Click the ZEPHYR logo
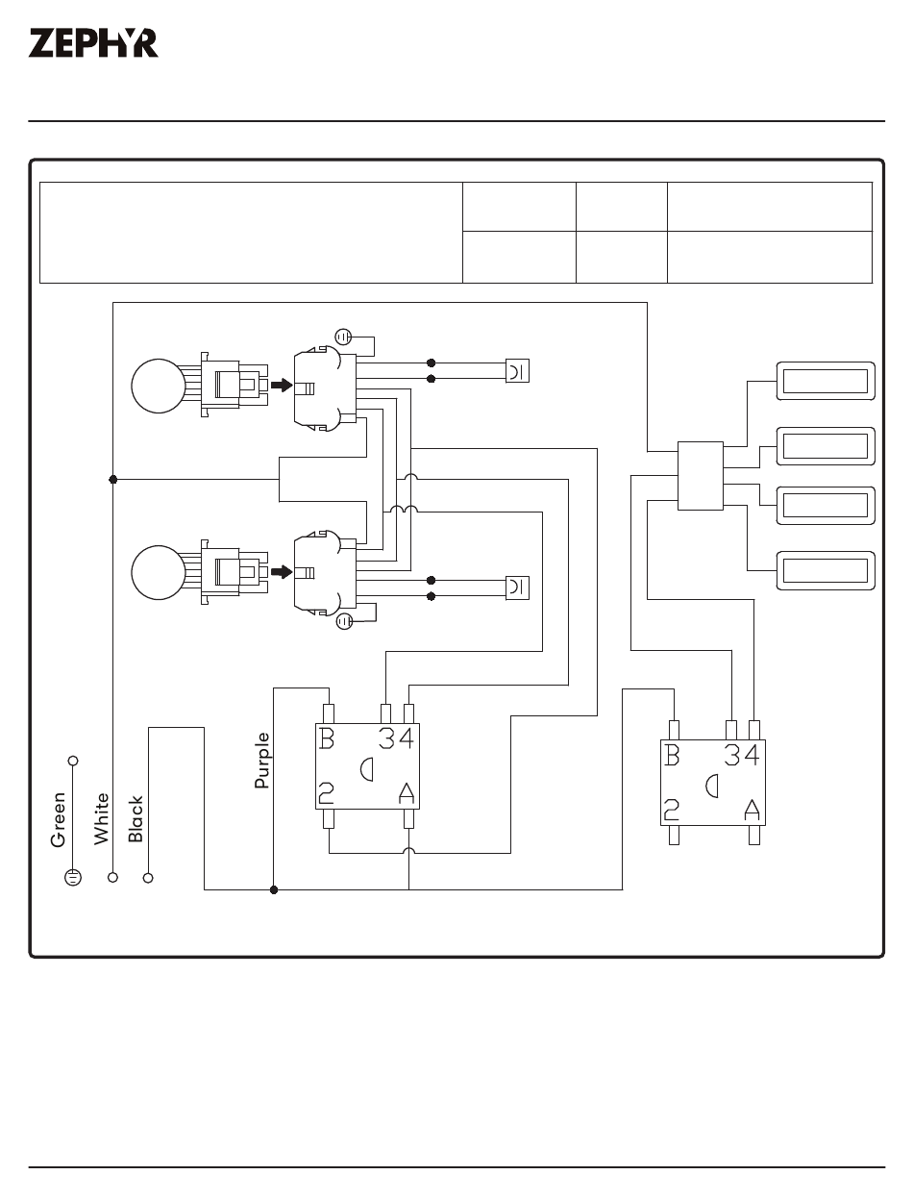pyautogui.click(x=93, y=43)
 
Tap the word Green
pyautogui.click(x=58, y=819)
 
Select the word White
pyautogui.click(x=101, y=819)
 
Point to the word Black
pyautogui.click(x=135, y=818)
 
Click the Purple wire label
pyautogui.click(x=261, y=761)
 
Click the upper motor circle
pyautogui.click(x=159, y=386)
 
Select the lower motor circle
pyautogui.click(x=159, y=572)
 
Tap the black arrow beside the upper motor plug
pyautogui.click(x=282, y=385)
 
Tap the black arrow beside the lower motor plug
pyautogui.click(x=282, y=572)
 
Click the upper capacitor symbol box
pyautogui.click(x=517, y=370)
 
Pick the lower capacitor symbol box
pyautogui.click(x=517, y=587)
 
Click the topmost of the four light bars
pyautogui.click(x=826, y=381)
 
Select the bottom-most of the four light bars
pyautogui.click(x=826, y=571)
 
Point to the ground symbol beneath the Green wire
pyautogui.click(x=73, y=878)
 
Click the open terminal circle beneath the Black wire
pyautogui.click(x=148, y=878)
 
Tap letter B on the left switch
pyautogui.click(x=326, y=738)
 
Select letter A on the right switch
pyautogui.click(x=752, y=810)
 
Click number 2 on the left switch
pyautogui.click(x=326, y=792)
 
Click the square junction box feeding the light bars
pyautogui.click(x=701, y=476)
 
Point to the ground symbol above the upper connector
pyautogui.click(x=343, y=337)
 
